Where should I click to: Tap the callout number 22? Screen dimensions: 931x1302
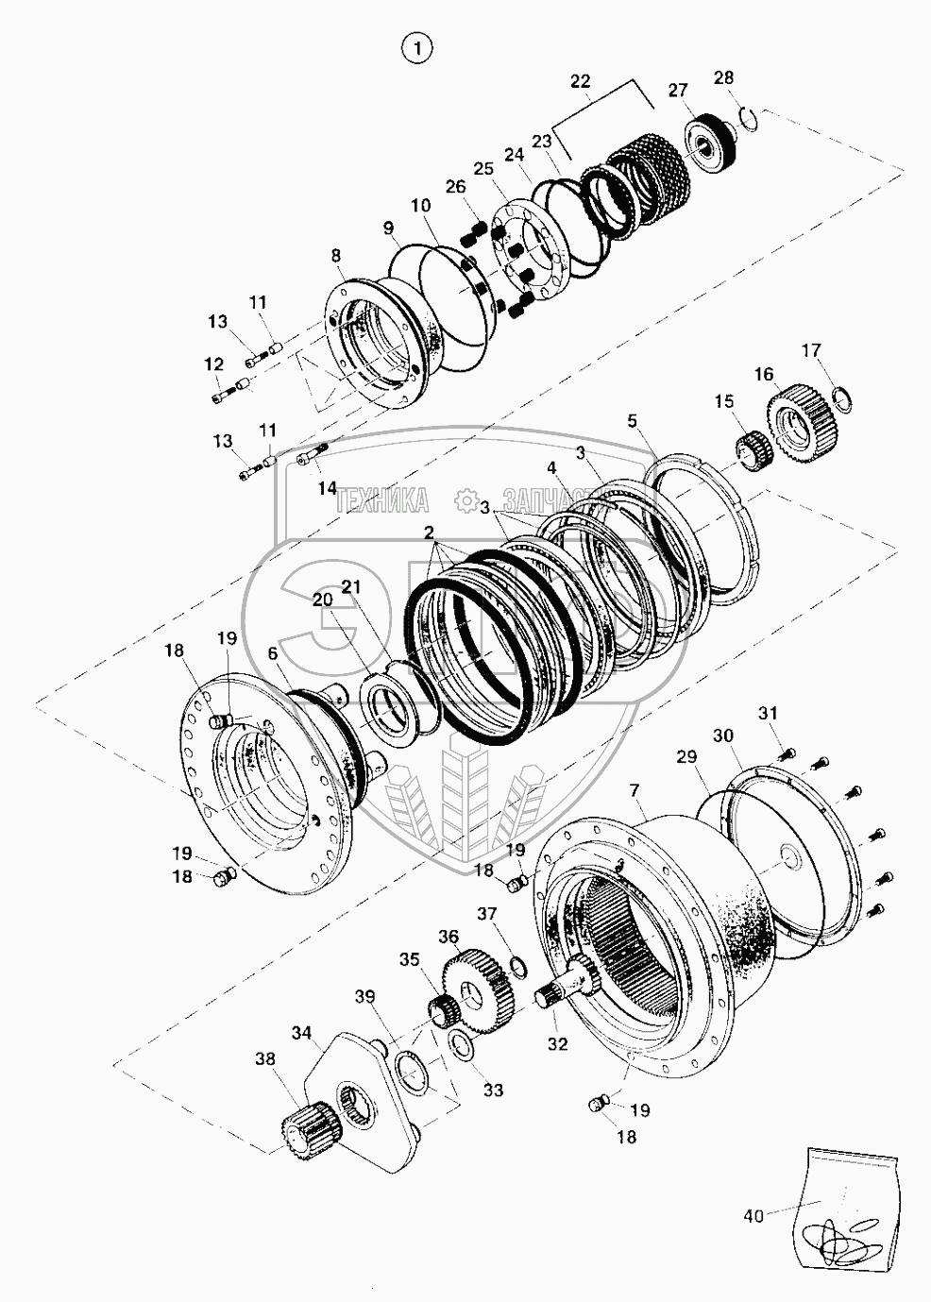click(x=580, y=81)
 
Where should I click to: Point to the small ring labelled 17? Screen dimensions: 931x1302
click(x=842, y=400)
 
